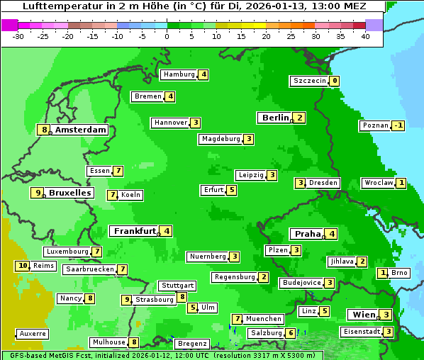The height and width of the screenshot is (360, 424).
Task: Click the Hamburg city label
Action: click(x=178, y=74)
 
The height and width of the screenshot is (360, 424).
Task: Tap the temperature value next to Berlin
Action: click(x=300, y=118)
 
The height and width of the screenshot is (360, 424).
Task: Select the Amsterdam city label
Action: click(x=81, y=130)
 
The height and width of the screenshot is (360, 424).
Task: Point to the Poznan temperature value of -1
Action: click(x=398, y=125)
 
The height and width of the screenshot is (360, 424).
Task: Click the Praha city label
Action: click(x=308, y=234)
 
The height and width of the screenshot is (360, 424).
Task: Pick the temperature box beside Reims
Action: click(x=23, y=266)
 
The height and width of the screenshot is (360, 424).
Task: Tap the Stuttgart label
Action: click(x=177, y=286)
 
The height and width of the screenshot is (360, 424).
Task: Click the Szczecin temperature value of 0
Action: click(x=335, y=81)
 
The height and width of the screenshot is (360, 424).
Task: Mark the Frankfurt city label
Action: click(x=134, y=231)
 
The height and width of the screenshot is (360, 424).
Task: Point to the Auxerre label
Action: click(x=33, y=333)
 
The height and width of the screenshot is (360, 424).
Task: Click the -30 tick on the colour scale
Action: click(x=18, y=35)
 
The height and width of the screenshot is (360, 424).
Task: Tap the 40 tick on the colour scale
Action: click(x=365, y=35)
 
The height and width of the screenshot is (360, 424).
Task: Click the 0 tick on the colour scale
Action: click(x=167, y=35)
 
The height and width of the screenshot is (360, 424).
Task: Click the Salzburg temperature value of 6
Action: click(x=290, y=333)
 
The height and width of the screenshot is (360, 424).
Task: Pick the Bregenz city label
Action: click(x=192, y=344)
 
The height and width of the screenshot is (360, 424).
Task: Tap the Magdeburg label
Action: click(x=221, y=139)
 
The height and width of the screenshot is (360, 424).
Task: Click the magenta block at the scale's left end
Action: click(x=9, y=25)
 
